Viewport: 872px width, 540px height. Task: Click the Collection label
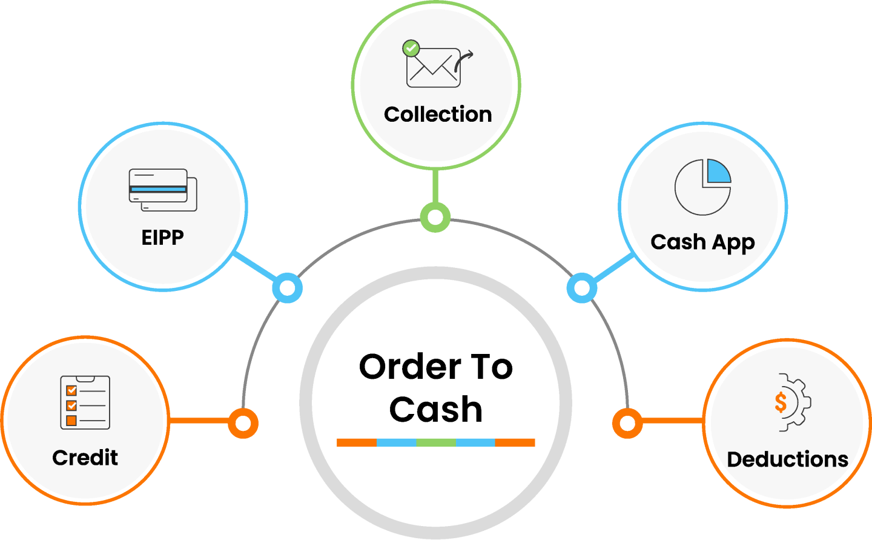tap(437, 115)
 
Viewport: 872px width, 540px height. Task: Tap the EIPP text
tap(162, 237)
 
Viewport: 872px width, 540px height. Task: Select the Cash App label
tap(702, 242)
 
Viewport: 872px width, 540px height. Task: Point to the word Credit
tap(85, 458)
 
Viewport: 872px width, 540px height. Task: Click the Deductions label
tap(787, 459)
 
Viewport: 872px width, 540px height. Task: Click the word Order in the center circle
tap(410, 367)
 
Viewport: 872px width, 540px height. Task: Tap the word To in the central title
tap(491, 367)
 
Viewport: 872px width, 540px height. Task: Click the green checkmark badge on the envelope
tap(411, 47)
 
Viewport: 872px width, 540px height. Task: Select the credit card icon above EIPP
tap(162, 189)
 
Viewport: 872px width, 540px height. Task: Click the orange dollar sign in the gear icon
tap(781, 402)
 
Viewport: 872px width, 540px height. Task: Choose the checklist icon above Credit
tap(85, 402)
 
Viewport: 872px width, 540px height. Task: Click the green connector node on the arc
tap(435, 217)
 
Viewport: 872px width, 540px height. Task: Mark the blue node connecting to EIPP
tap(287, 288)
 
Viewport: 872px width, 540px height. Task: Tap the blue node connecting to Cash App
tap(581, 288)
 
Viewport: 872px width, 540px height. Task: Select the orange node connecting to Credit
tap(243, 423)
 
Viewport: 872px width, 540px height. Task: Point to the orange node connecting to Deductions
tap(627, 423)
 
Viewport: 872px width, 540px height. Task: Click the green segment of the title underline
tap(435, 442)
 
